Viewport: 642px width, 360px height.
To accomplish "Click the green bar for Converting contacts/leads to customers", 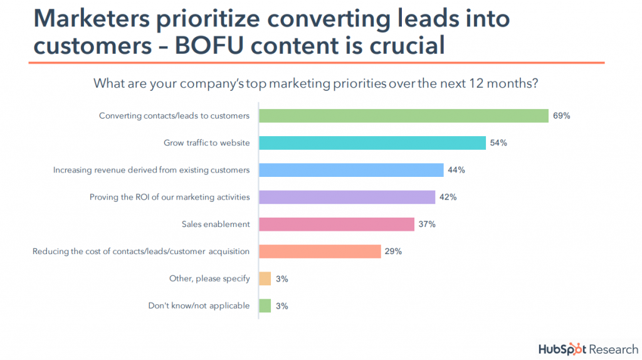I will [x=404, y=115].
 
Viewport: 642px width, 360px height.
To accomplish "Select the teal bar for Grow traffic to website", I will [x=372, y=143].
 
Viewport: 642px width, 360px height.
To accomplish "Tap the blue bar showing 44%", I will [x=351, y=170].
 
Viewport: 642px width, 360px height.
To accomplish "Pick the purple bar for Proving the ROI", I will [x=347, y=197].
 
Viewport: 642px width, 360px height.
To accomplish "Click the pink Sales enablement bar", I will [x=337, y=224].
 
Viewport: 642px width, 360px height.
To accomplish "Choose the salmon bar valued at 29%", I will [x=320, y=251].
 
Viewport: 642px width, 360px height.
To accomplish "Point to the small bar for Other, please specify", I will [x=265, y=278].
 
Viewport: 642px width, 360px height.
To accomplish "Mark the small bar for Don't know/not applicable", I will [x=265, y=305].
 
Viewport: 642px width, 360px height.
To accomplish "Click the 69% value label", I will [x=561, y=115].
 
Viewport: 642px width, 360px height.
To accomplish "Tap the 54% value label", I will [x=499, y=143].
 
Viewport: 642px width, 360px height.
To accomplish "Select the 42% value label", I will [x=448, y=197].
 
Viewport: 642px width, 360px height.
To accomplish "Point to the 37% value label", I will [x=428, y=224].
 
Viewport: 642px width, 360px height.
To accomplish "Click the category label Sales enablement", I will [x=216, y=224].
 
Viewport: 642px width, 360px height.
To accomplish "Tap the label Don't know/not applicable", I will [x=199, y=305].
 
